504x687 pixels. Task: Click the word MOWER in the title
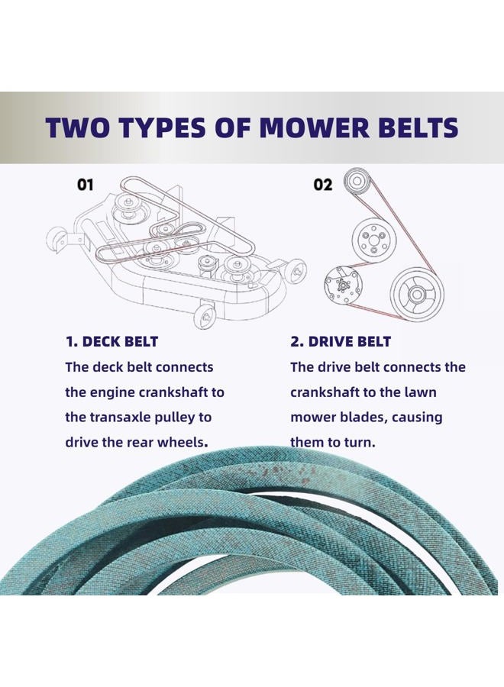(x=310, y=127)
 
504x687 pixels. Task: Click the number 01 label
(x=85, y=185)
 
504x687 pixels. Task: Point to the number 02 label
(x=322, y=185)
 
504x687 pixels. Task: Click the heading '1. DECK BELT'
(x=111, y=341)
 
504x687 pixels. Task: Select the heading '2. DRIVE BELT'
(x=340, y=341)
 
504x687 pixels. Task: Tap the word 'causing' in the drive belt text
(x=417, y=418)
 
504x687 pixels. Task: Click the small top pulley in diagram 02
(x=357, y=182)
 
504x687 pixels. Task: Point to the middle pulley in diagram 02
(x=371, y=240)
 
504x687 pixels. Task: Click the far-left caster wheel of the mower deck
(x=56, y=239)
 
